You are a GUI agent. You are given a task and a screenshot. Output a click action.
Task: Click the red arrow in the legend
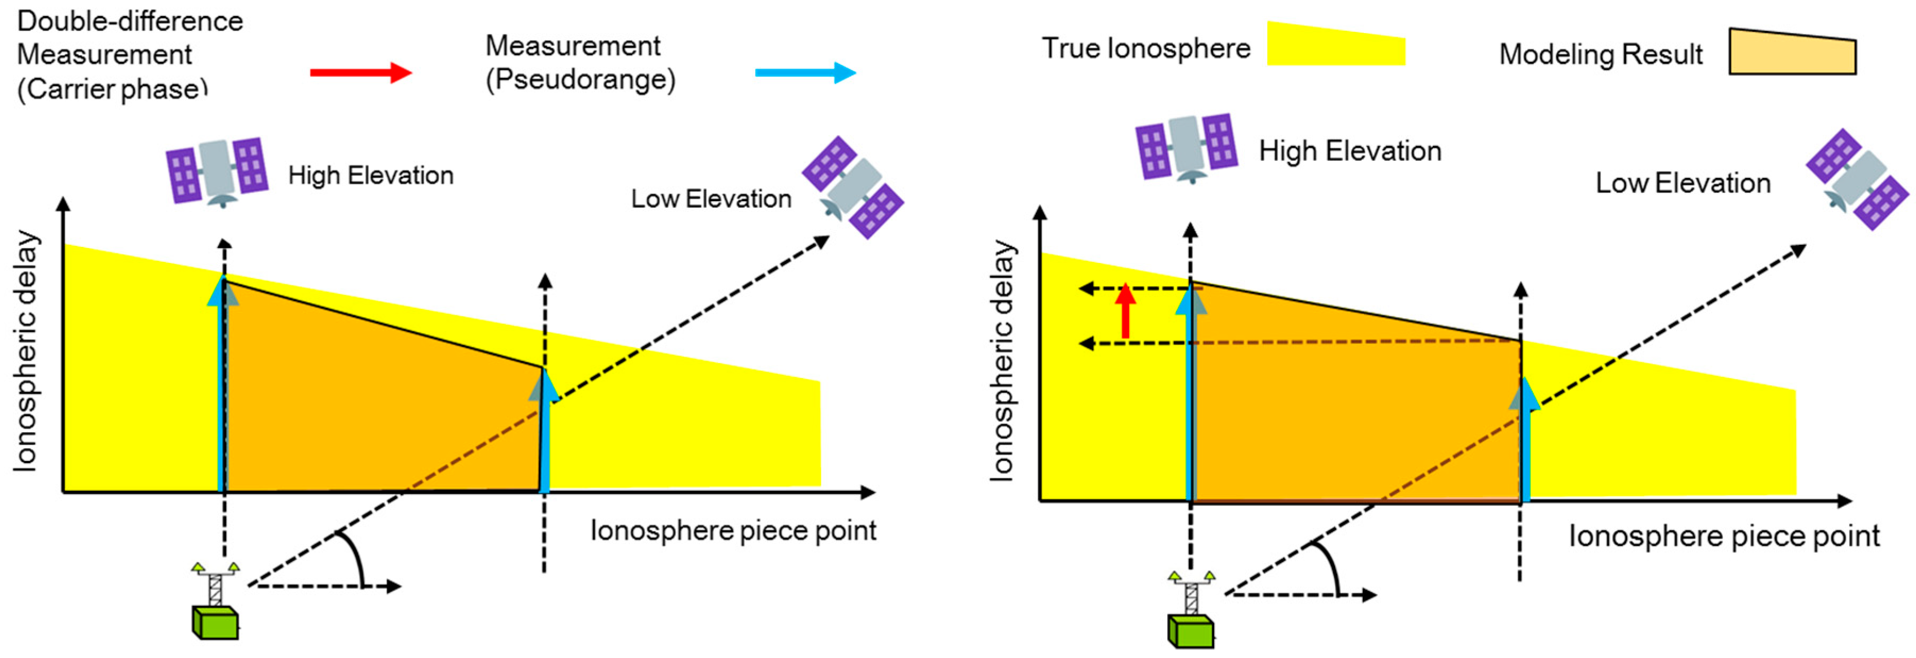(360, 72)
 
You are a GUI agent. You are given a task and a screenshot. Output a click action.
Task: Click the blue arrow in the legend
(805, 72)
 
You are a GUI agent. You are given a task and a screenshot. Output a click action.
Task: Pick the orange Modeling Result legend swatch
(1792, 52)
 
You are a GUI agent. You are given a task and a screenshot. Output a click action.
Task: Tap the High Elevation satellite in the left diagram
(217, 170)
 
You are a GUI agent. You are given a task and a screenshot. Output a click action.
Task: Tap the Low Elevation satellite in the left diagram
(853, 187)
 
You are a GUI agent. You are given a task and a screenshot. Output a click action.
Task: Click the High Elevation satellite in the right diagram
(1187, 148)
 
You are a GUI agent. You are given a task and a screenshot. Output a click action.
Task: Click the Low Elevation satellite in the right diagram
(1857, 180)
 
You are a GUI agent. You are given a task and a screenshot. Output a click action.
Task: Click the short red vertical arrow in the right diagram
(1126, 311)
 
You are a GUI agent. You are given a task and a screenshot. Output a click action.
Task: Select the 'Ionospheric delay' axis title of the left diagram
(26, 351)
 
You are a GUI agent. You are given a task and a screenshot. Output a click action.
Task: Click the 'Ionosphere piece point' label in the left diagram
(733, 531)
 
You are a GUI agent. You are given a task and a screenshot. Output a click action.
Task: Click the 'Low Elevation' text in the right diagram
(1682, 183)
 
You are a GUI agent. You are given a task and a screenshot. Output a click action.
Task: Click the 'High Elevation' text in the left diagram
(371, 176)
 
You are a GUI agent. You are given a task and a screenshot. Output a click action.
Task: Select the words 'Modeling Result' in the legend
(1600, 54)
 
